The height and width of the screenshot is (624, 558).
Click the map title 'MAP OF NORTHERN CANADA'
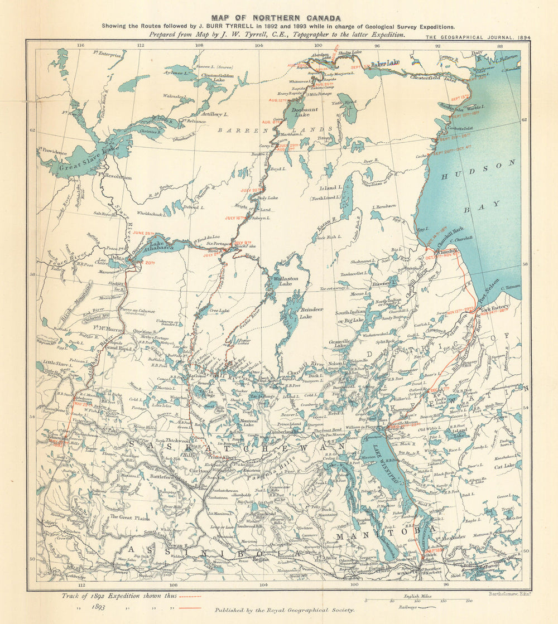276,18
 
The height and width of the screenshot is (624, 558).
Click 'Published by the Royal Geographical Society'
285,610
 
